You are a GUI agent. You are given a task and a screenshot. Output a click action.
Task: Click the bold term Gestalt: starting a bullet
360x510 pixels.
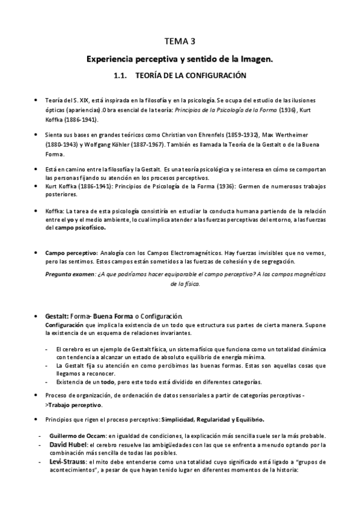click(56, 316)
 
